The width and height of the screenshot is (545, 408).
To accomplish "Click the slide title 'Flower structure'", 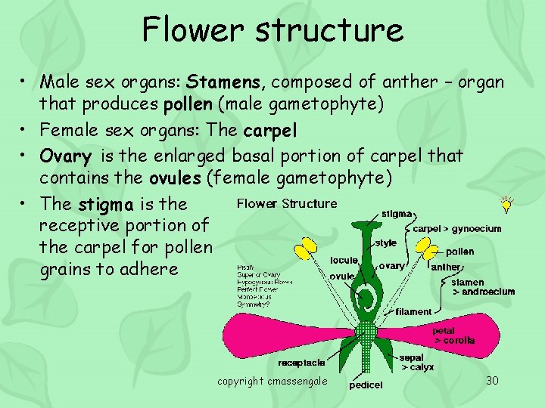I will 272,30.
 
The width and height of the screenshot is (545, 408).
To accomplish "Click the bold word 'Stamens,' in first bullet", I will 228,82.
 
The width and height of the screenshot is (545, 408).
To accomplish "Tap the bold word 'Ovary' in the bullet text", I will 66,156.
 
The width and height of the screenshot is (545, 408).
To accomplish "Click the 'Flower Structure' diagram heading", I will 287,203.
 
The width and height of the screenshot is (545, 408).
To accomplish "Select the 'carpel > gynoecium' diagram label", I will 456,228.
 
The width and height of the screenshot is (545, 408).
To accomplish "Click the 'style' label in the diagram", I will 386,243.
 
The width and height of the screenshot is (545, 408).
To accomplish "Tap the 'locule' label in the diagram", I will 344,261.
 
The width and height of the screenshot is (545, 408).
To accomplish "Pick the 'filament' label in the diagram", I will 413,311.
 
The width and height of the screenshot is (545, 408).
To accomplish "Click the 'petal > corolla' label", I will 454,335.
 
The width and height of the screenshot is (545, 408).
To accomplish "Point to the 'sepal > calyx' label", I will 416,362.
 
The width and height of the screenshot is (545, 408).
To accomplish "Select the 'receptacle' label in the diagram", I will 301,363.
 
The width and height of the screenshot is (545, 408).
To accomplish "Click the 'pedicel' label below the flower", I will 366,385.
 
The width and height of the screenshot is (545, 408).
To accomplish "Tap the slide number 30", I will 492,381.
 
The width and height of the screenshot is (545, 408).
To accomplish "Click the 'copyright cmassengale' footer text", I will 272,382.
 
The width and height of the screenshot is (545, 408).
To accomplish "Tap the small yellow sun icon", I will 506,205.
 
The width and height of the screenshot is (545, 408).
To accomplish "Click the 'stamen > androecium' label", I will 483,287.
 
